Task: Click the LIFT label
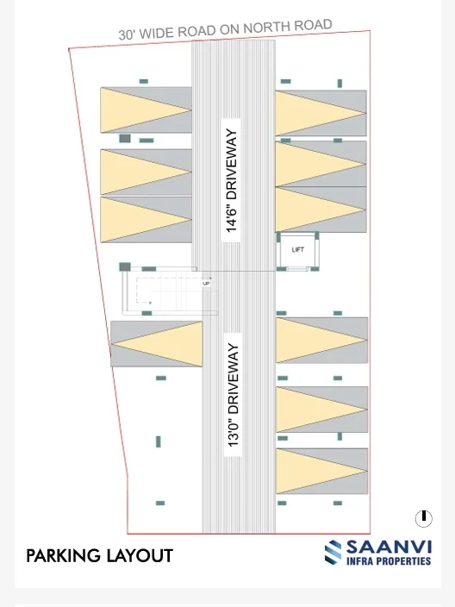click(x=297, y=250)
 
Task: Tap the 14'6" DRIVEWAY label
click(x=231, y=180)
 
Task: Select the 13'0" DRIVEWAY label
click(x=234, y=395)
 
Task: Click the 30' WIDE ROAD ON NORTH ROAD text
click(x=225, y=29)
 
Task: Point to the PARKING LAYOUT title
click(x=99, y=556)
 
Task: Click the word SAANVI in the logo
click(x=389, y=548)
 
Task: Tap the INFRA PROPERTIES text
click(x=389, y=561)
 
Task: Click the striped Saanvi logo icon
click(x=333, y=553)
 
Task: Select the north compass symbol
click(x=424, y=518)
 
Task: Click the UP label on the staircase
click(x=206, y=284)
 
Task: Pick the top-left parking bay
click(x=146, y=110)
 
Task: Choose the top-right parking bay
click(x=321, y=113)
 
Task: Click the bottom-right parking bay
click(x=322, y=471)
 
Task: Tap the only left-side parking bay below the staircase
click(x=156, y=344)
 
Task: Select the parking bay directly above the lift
click(x=321, y=210)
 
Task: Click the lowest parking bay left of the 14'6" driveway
click(x=146, y=220)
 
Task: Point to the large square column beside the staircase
click(x=125, y=266)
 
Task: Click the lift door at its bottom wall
click(x=297, y=269)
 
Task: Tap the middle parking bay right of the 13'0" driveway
click(x=322, y=410)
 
